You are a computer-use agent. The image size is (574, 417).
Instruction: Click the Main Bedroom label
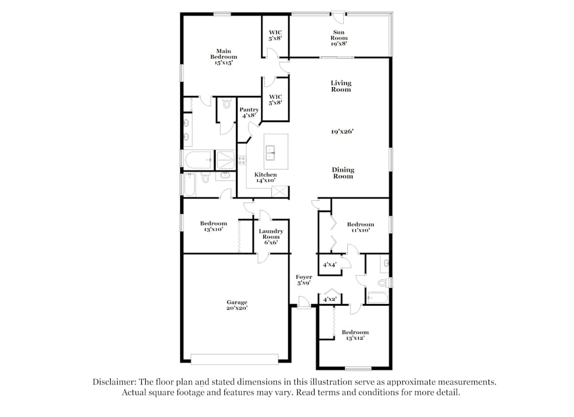(x=223, y=57)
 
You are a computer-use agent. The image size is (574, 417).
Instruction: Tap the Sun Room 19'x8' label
(x=339, y=38)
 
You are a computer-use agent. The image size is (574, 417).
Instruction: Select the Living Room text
(x=340, y=86)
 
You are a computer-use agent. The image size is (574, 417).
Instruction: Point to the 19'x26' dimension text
(x=342, y=131)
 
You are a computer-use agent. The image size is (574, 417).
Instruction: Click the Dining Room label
(x=343, y=173)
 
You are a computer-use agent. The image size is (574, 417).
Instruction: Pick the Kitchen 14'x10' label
(x=265, y=177)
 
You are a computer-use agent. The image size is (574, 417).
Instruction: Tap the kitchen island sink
(x=271, y=153)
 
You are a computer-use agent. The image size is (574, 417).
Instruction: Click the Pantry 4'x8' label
(x=249, y=112)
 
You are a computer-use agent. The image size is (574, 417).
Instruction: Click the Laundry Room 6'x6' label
(x=271, y=237)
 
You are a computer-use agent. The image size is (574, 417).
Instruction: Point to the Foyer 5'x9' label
(x=304, y=280)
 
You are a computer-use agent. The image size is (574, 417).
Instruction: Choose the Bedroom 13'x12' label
(x=355, y=335)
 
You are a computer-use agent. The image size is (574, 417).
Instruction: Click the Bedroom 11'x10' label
(x=360, y=227)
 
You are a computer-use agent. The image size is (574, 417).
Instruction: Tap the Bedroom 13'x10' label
(x=213, y=226)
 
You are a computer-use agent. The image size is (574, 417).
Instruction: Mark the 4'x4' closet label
(x=329, y=265)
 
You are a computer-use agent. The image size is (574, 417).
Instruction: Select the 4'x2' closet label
(x=329, y=299)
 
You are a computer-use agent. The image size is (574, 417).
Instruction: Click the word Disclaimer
(x=117, y=381)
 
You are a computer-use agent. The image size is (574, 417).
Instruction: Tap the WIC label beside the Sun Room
(x=275, y=35)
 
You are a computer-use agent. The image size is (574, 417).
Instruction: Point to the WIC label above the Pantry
(x=275, y=99)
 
